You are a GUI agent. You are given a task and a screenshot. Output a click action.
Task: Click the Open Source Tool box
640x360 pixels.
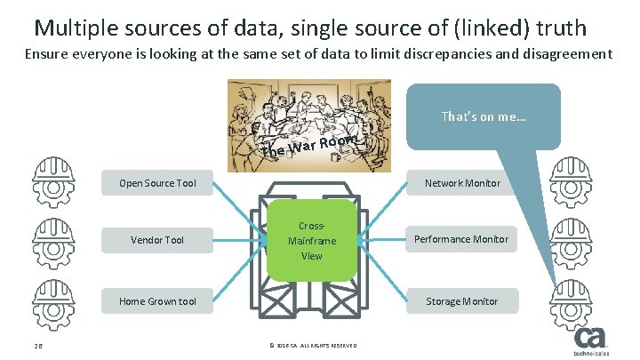click(x=157, y=184)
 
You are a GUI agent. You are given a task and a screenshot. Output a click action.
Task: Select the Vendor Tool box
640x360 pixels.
click(x=157, y=239)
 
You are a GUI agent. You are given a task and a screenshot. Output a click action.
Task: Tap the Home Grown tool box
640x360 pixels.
click(x=157, y=301)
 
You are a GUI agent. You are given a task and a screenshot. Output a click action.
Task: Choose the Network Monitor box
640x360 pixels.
click(x=462, y=184)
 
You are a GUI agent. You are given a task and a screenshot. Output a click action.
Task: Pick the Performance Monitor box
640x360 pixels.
click(x=462, y=239)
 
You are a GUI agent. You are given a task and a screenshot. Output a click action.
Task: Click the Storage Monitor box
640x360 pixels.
click(x=462, y=301)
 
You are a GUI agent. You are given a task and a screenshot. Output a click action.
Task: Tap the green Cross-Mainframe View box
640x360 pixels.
click(x=311, y=240)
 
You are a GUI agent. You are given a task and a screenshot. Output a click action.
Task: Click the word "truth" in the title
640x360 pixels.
click(x=565, y=28)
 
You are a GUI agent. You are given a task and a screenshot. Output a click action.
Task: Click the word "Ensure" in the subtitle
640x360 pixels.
click(x=45, y=54)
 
